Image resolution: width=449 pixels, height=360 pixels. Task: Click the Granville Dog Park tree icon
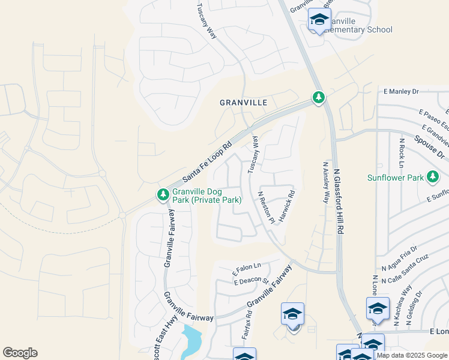point(163,195)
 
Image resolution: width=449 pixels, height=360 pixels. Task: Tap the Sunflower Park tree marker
point(432,177)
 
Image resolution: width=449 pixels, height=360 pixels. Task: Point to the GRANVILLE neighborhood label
point(243,103)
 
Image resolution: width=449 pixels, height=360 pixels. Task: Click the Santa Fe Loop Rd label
point(207,162)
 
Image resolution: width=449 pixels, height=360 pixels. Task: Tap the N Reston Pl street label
point(266,207)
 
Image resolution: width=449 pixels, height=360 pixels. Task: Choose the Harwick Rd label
point(287,204)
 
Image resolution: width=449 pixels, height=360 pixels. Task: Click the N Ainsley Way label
point(326,182)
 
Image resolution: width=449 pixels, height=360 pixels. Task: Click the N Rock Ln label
point(402,154)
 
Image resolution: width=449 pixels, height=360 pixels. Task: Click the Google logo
point(20,353)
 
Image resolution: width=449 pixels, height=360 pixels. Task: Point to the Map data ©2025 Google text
point(412,355)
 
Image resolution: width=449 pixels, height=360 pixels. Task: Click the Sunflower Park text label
point(396,178)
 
